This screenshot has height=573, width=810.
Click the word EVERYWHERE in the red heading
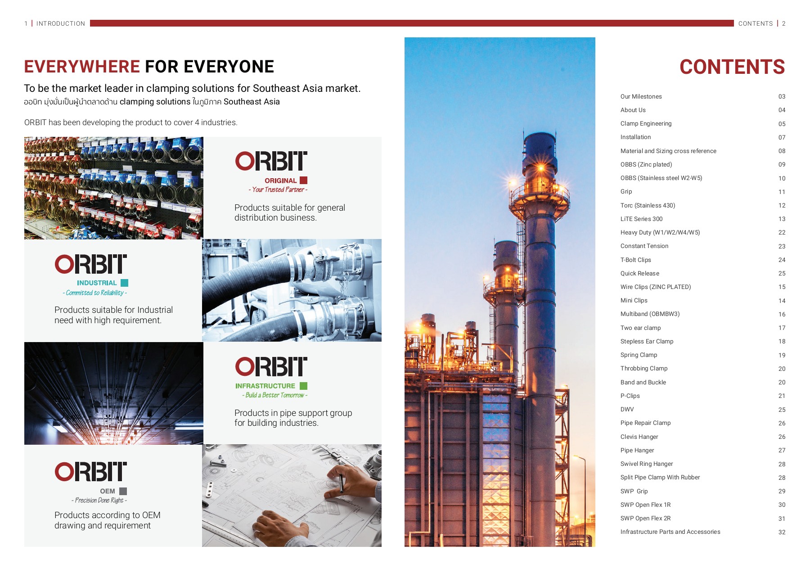point(82,67)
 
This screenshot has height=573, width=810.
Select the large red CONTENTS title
point(732,67)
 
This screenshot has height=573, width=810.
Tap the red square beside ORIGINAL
point(304,180)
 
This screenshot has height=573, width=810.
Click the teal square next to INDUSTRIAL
point(125,283)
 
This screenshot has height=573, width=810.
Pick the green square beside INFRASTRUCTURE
point(304,386)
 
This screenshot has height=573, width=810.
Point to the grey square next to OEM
point(123,491)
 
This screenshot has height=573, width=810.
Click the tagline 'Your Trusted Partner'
point(278,189)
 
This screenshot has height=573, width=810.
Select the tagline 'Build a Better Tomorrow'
point(274,395)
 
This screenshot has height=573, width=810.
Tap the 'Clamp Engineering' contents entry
point(646,124)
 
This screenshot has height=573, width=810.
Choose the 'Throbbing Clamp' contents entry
point(644,369)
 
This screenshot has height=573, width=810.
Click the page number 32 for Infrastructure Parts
point(782,532)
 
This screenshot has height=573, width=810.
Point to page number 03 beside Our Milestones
point(782,97)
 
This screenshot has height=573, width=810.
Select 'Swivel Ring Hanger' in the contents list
point(647,464)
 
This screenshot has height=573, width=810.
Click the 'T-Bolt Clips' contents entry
point(635,260)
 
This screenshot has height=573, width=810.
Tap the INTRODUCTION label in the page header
point(61,24)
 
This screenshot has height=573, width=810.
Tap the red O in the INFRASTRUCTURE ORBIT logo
point(245,367)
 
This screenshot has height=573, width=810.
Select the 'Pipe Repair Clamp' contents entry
point(645,423)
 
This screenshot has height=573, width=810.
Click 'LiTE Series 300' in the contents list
point(641,219)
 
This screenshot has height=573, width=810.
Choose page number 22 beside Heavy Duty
point(782,233)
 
